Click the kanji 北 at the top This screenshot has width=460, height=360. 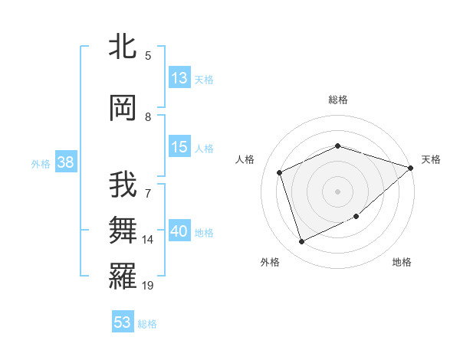pos(123,47)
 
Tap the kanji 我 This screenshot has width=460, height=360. pos(123,186)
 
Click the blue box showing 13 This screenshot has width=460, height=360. pos(179,78)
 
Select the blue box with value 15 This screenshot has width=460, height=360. pos(179,147)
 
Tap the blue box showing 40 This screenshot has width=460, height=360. pos(179,231)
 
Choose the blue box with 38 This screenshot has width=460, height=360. pos(64,162)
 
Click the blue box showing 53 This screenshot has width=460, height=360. pos(123,322)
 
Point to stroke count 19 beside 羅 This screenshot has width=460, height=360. pos(148,286)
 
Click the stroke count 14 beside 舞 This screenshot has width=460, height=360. pos(148,240)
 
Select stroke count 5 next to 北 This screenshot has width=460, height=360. pos(148,55)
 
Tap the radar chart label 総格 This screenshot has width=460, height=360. pos(338,100)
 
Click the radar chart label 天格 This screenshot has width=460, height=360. pos(431,159)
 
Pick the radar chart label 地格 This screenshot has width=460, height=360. pos(402,262)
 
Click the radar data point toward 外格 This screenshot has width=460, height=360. pos(301,242)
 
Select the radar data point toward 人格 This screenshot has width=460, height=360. pos(280,172)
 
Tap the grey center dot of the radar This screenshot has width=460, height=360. pos(337,191)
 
